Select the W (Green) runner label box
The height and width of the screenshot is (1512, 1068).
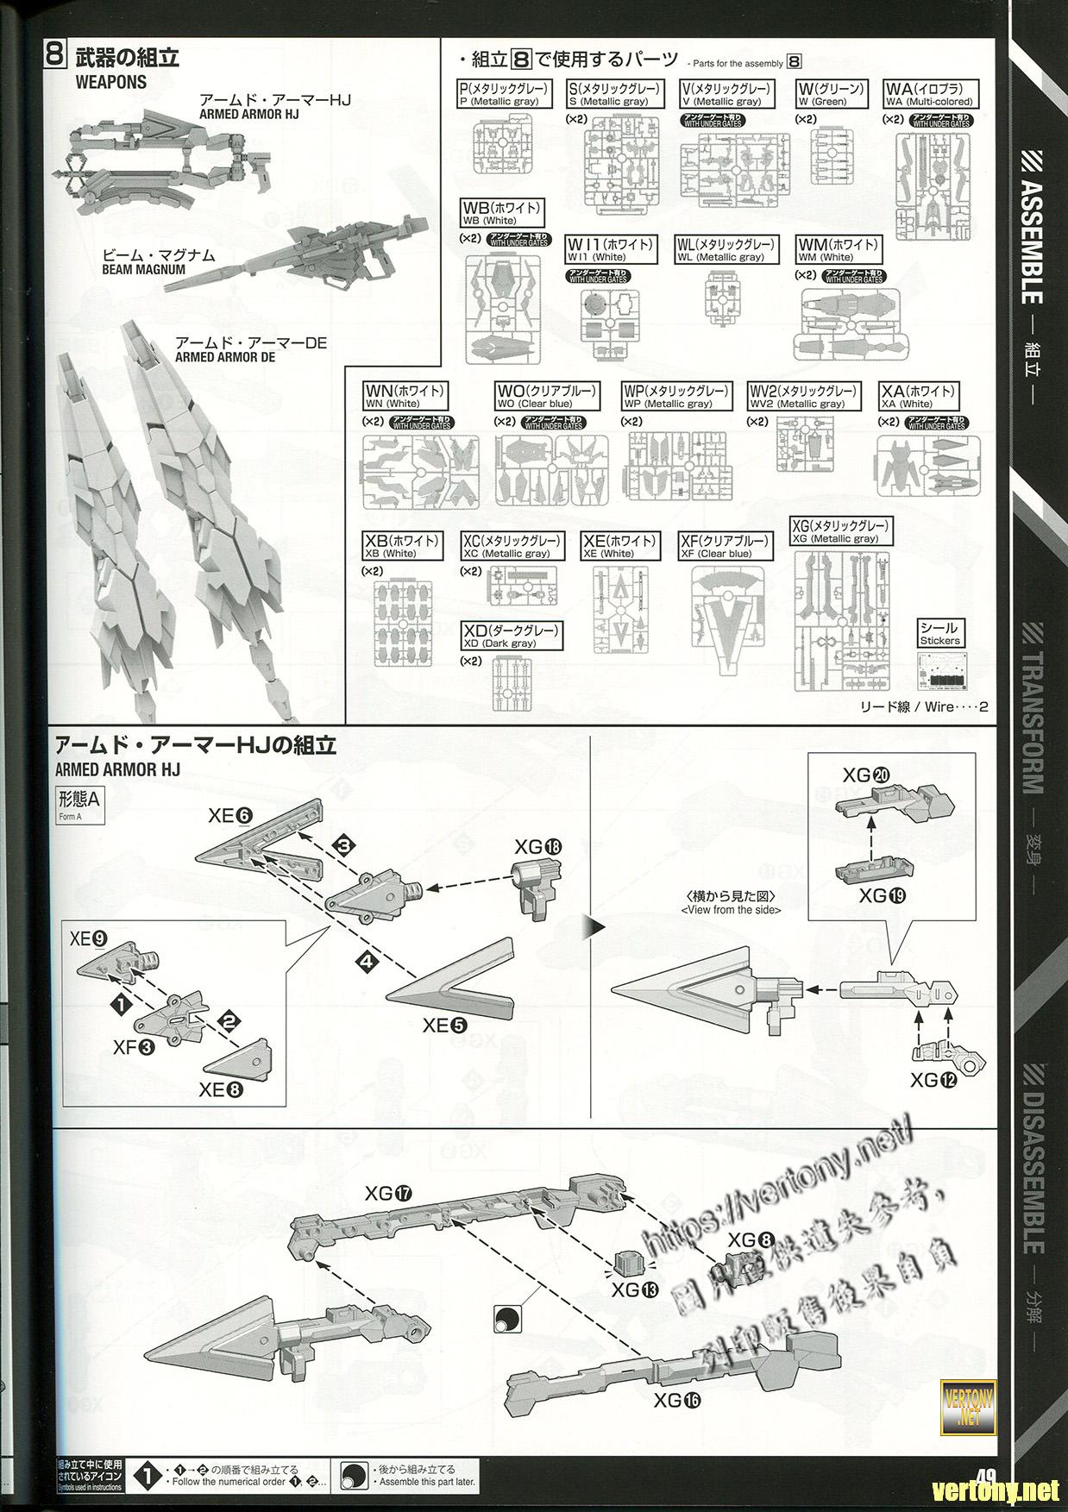point(830,94)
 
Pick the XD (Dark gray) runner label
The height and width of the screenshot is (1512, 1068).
point(512,637)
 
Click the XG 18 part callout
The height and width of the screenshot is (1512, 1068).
point(536,848)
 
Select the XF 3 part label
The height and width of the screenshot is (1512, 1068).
point(134,1047)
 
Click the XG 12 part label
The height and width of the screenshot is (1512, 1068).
point(933,1079)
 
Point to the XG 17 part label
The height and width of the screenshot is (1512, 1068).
point(387,1194)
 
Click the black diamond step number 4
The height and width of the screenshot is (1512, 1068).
point(366,961)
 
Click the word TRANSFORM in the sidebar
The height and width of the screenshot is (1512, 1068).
point(1033,707)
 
